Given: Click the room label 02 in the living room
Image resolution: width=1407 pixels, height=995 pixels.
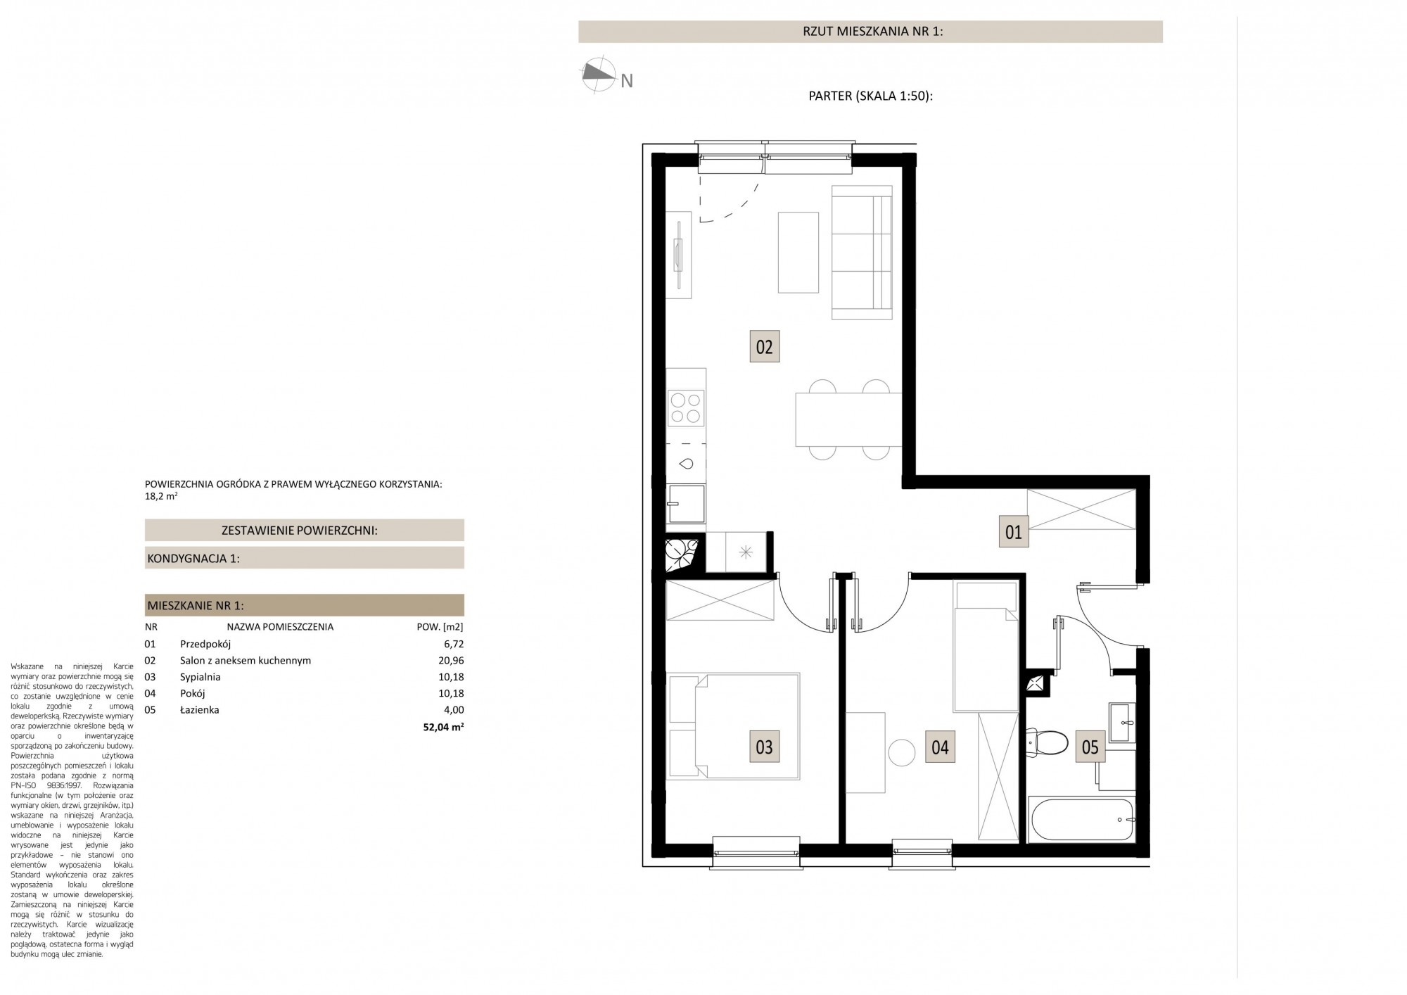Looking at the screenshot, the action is [x=764, y=347].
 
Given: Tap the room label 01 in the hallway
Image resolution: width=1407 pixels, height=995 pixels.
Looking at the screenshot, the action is [x=1014, y=532].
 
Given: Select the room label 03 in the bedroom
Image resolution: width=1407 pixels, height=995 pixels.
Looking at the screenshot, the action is [x=764, y=747].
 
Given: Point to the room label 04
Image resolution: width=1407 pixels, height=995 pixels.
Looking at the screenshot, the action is [x=940, y=747].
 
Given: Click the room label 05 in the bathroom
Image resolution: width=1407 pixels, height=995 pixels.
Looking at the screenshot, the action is [x=1090, y=747].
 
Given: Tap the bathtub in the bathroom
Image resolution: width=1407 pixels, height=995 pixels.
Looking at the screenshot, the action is [x=1082, y=819].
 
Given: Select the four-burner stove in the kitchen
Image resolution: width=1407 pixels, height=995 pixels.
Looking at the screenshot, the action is [x=686, y=408].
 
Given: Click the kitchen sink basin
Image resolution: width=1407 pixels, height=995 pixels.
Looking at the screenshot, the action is [x=686, y=464].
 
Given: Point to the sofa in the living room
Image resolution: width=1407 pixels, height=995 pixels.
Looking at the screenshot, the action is [x=862, y=252].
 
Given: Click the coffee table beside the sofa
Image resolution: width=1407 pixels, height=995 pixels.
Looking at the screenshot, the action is [x=798, y=253].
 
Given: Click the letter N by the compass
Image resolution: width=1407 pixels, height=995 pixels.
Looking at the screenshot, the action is [x=627, y=82].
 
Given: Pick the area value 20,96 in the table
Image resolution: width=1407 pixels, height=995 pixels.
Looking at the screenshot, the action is [x=450, y=661].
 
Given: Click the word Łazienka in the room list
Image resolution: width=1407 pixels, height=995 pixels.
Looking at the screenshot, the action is [x=200, y=710].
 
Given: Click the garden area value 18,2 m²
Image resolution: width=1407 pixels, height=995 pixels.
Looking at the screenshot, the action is [x=160, y=496].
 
